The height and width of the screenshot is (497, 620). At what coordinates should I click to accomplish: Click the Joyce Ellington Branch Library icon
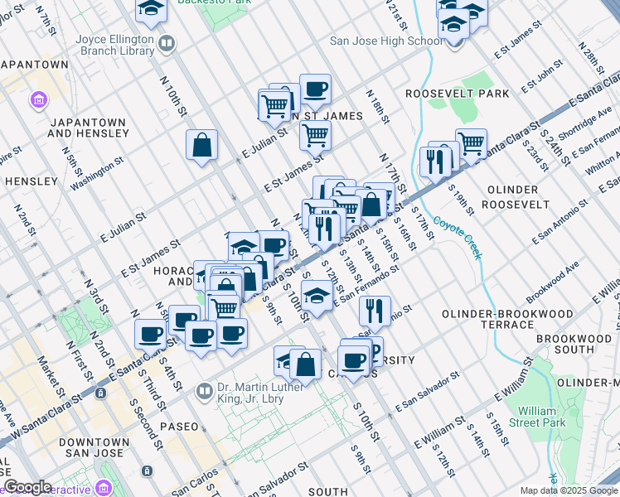[167, 42]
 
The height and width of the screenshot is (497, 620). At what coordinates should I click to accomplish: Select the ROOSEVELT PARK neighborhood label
[458, 94]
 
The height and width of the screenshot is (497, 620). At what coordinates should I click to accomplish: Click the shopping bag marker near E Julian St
[201, 146]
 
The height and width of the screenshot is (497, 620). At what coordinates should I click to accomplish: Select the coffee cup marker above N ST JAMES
[314, 89]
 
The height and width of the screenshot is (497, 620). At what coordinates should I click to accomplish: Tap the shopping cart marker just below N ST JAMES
[315, 134]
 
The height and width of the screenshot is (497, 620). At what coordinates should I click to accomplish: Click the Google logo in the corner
[27, 487]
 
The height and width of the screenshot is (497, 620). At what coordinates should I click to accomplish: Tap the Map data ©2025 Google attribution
[567, 490]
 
